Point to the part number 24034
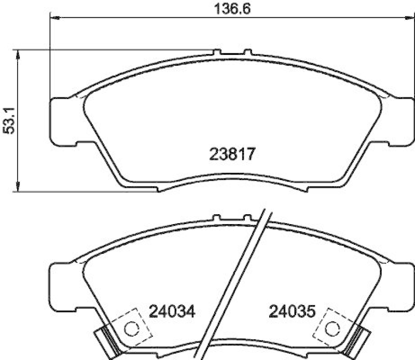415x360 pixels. (172, 312)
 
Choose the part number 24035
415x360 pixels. (292, 312)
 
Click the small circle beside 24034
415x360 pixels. (132, 328)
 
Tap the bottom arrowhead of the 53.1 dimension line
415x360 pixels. (19, 188)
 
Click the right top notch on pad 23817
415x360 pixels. (247, 52)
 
